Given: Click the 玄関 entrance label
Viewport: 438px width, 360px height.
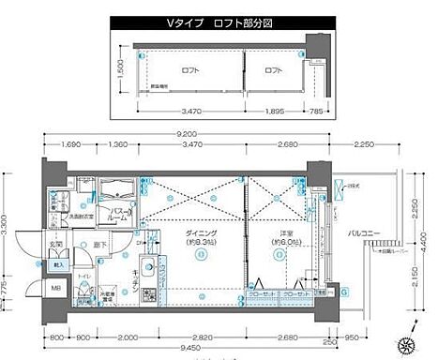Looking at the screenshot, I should point(56,246).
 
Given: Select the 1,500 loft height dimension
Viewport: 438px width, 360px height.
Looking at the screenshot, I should point(122,71).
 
